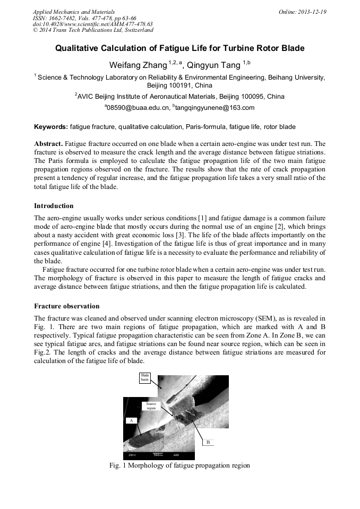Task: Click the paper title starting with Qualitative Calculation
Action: click(x=180, y=48)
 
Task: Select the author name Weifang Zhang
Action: click(x=138, y=65)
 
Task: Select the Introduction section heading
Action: click(x=54, y=206)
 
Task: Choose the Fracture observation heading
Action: click(x=66, y=306)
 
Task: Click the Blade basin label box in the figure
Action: click(x=144, y=378)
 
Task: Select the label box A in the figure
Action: click(x=130, y=420)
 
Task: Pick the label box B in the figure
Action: click(x=208, y=442)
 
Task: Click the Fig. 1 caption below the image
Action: click(x=179, y=465)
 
